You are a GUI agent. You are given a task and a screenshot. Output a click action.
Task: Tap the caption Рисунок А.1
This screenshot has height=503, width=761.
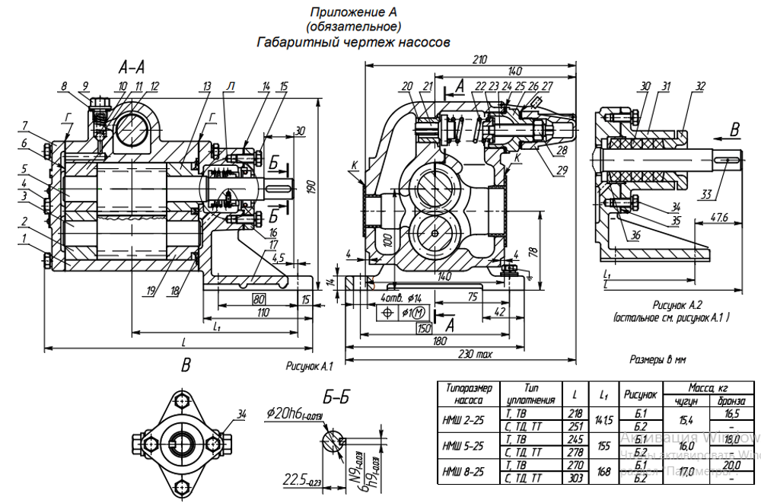[x=310, y=367]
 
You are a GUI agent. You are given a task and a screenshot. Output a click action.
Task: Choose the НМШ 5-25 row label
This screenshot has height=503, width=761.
[x=465, y=444]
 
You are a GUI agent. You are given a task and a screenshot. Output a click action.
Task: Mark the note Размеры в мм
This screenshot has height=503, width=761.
[x=659, y=358]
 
